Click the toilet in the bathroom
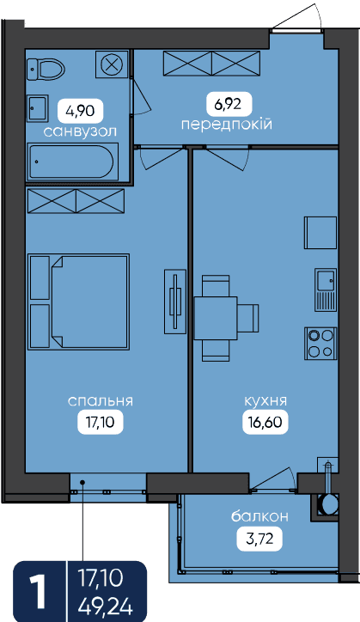[x=46, y=70]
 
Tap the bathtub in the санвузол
[x=73, y=162]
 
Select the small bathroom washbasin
[x=38, y=108]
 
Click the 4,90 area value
[x=81, y=111]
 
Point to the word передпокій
[x=227, y=125]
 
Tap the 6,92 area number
[x=229, y=105]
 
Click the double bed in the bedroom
[x=79, y=302]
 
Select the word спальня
[x=101, y=401]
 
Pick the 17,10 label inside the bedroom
[x=101, y=422]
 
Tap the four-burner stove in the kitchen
[x=320, y=344]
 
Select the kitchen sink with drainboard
[x=326, y=290]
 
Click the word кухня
[x=265, y=401]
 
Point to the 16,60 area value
[x=265, y=422]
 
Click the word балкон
[x=260, y=516]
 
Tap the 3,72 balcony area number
[x=260, y=539]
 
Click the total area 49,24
[x=106, y=607]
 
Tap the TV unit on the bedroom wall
[x=175, y=302]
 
